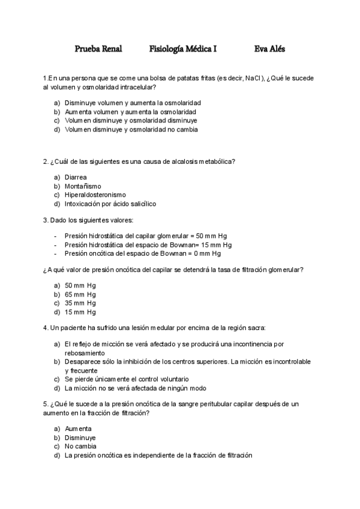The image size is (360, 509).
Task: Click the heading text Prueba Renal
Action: click(x=98, y=49)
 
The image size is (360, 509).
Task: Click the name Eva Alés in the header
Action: click(x=269, y=49)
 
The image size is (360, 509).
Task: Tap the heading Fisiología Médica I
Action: click(x=183, y=49)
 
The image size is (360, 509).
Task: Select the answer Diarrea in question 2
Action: click(x=76, y=177)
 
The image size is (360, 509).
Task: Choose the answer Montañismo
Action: click(x=83, y=186)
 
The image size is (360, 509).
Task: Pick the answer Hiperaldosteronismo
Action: click(x=95, y=195)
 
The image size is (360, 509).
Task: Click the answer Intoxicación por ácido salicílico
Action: click(x=110, y=204)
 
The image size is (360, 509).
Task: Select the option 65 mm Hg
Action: click(x=80, y=295)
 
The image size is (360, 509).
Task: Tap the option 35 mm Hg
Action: click(x=80, y=303)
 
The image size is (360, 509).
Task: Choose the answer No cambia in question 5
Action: click(x=80, y=447)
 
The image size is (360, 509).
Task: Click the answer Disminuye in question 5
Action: click(x=80, y=438)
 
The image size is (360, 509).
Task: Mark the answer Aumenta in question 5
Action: click(x=78, y=429)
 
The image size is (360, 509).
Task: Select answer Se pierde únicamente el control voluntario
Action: click(x=127, y=379)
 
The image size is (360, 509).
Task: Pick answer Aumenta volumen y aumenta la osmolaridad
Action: click(x=130, y=112)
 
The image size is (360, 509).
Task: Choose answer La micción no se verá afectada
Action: click(x=135, y=388)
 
